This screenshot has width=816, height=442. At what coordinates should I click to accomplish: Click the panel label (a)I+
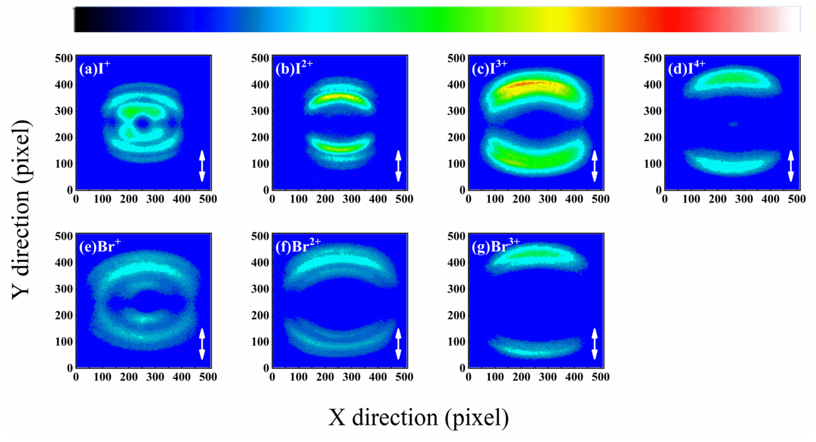94,68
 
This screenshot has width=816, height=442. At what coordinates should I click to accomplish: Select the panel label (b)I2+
294,68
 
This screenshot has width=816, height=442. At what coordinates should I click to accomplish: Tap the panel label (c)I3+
489,68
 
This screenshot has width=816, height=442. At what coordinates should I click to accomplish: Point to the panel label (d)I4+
686,68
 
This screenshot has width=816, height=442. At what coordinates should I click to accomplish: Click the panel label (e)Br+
100,246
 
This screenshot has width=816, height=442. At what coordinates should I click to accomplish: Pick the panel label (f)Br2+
298,246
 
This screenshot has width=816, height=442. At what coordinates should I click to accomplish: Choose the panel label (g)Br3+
495,246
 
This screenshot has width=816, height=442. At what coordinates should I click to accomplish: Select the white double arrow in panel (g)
595,344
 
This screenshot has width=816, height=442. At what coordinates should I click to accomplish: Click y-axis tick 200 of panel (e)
64,315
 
